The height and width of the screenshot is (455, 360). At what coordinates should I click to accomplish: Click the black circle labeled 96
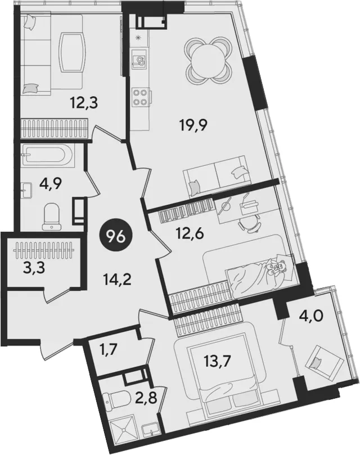coord(116,237)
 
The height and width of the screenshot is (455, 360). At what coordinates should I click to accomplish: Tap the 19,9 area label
coord(193,125)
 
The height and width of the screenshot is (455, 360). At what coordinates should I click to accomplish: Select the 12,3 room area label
coord(84,102)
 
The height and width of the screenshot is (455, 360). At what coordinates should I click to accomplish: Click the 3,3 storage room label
coord(34,268)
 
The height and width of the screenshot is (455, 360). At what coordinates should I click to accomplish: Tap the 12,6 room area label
coord(191,233)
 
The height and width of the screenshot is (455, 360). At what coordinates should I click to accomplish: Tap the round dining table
coord(208,60)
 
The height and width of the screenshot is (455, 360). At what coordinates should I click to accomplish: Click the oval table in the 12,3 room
coord(73,52)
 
